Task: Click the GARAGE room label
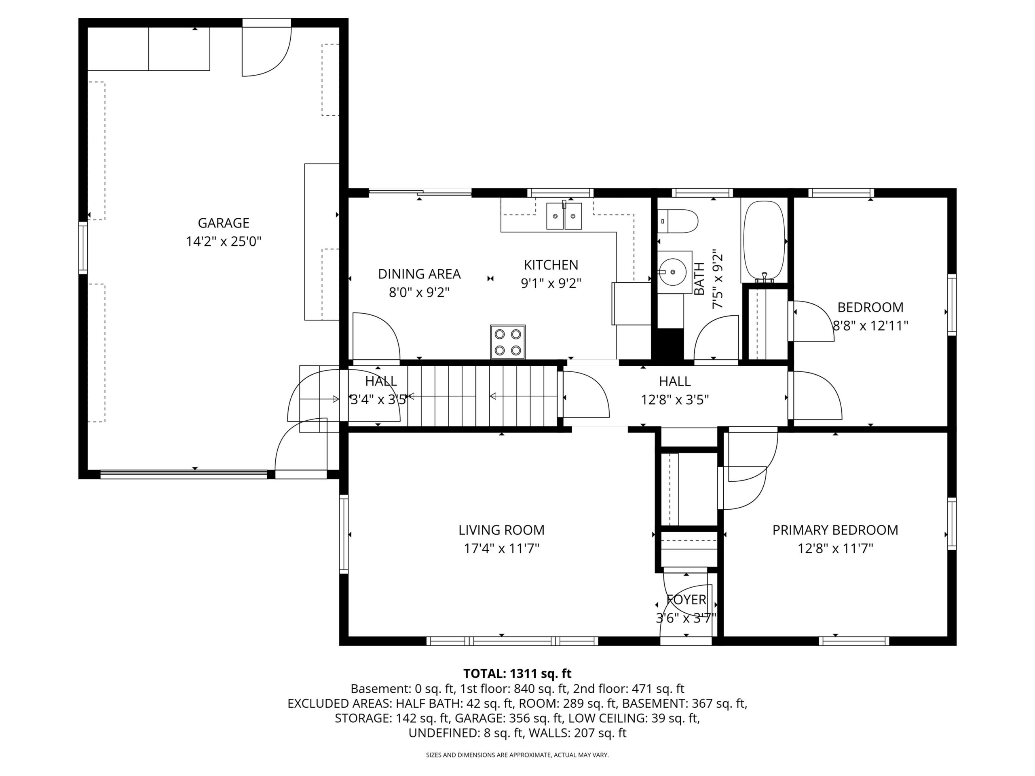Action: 223,223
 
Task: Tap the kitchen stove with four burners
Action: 508,342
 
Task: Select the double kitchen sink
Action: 564,216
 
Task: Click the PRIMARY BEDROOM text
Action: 835,530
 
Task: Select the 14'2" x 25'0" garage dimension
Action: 224,242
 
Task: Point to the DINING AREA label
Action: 419,274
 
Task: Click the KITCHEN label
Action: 551,265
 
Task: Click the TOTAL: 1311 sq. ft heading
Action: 517,674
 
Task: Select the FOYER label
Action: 686,600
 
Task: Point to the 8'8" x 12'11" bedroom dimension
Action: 870,325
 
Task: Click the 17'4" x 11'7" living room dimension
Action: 502,548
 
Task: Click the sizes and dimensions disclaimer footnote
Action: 517,755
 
